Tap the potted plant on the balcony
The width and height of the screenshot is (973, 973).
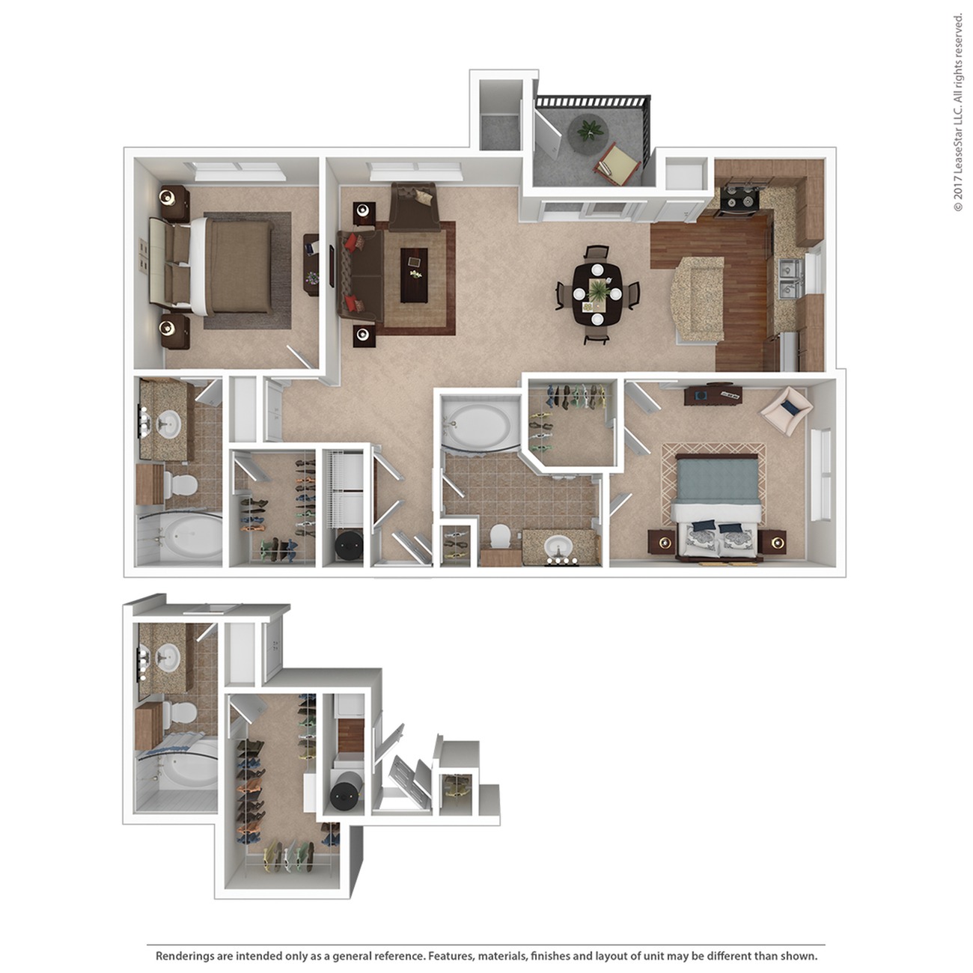590,129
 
